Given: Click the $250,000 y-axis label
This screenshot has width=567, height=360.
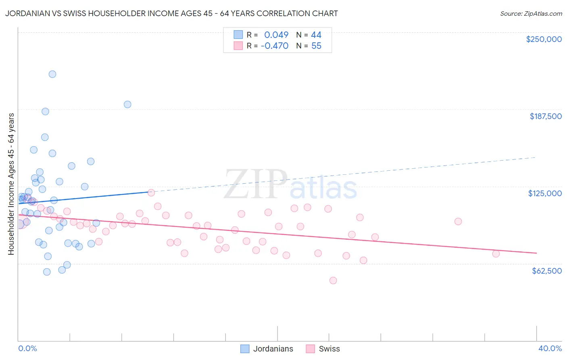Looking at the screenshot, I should pyautogui.click(x=544, y=39).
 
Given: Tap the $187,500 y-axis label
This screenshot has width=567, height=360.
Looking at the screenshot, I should pyautogui.click(x=545, y=116).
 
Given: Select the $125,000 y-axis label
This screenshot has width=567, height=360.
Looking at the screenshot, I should pyautogui.click(x=545, y=193).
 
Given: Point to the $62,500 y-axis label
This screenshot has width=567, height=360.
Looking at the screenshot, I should pyautogui.click(x=546, y=271).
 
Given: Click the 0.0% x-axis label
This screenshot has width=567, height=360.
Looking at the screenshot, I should pyautogui.click(x=27, y=348).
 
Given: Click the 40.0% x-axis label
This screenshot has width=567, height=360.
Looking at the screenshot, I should pyautogui.click(x=550, y=348).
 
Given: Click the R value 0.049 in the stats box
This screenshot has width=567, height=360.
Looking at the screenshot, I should pyautogui.click(x=276, y=35).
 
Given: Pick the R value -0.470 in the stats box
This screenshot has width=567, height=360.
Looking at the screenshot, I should pyautogui.click(x=275, y=46).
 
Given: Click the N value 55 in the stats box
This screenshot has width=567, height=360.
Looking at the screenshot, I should pyautogui.click(x=316, y=46).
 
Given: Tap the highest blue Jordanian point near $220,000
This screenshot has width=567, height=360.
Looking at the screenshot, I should pyautogui.click(x=52, y=74).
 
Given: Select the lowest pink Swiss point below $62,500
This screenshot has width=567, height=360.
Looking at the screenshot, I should pyautogui.click(x=333, y=280).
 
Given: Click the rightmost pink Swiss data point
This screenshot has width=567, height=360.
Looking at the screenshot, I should pyautogui.click(x=496, y=254).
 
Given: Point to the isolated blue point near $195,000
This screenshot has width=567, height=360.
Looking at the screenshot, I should pyautogui.click(x=127, y=105).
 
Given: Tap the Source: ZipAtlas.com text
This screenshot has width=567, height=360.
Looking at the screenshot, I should pyautogui.click(x=531, y=13).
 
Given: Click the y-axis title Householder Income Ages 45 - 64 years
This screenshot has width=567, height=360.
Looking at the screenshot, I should pyautogui.click(x=11, y=184).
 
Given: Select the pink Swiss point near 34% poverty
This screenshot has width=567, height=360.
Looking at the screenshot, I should pyautogui.click(x=458, y=222).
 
